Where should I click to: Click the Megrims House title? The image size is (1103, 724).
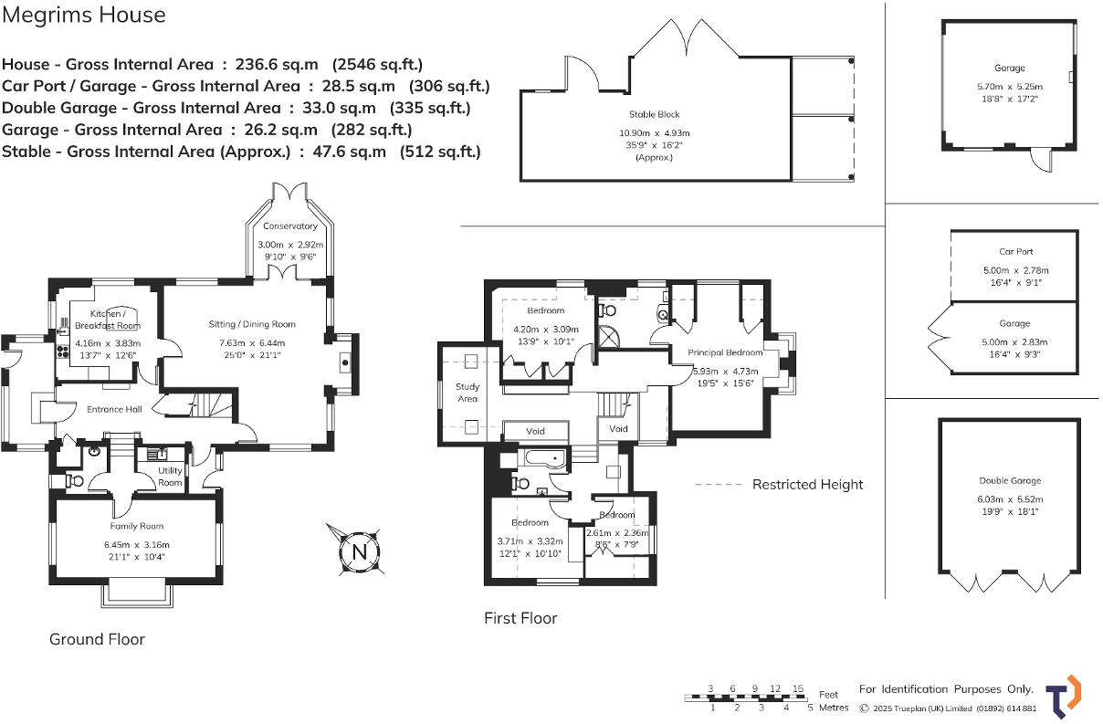coord(84,15)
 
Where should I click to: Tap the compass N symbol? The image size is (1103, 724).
coord(360,551)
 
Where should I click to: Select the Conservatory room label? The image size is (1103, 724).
coord(290,226)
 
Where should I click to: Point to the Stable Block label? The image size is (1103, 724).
coord(654,114)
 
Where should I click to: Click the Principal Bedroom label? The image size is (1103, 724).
coord(725,352)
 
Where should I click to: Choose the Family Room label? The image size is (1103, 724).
coord(136,526)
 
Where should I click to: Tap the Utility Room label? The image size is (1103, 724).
coord(170,477)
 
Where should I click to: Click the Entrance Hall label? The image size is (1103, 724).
coord(114,409)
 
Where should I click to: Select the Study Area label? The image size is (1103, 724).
coord(467,393)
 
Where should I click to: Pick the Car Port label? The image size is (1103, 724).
coord(1016,252)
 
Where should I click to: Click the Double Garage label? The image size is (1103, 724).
coord(1010,481)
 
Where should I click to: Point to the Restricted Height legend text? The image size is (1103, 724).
coord(807,485)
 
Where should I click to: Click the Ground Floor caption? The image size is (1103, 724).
coord(97,639)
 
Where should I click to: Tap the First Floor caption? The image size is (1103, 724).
coord(520,618)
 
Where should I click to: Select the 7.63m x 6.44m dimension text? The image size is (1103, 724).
coord(252,342)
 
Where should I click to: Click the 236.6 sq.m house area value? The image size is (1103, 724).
coord(277,65)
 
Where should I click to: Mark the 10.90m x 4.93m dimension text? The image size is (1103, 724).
coord(655,133)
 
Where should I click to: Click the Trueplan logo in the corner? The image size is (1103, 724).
coord(1064,697)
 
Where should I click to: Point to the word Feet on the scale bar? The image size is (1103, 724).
coord(828,695)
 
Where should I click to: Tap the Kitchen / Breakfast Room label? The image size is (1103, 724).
coord(108,320)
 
